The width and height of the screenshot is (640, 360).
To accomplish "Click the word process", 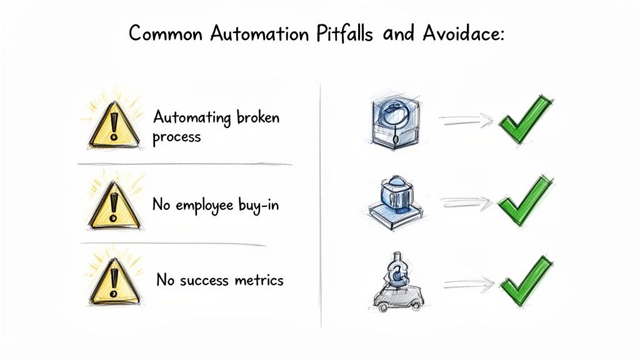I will tap(177, 137).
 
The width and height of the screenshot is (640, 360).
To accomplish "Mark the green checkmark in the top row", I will tap(526, 119).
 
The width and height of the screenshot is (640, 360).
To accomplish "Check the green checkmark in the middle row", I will tap(526, 199).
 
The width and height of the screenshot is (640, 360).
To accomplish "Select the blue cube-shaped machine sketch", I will tap(395, 122).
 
